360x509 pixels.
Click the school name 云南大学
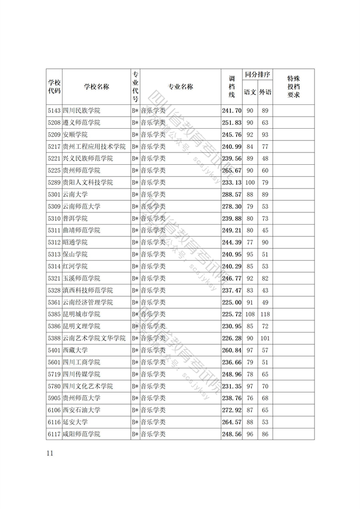(75, 194)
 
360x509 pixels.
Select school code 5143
(54, 111)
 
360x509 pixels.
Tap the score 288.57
(231, 194)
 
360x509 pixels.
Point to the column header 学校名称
(96, 87)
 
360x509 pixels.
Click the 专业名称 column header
(181, 87)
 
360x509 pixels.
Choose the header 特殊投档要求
(293, 87)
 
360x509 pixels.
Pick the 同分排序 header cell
(258, 75)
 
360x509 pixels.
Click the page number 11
(50, 453)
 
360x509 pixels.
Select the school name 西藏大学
(75, 350)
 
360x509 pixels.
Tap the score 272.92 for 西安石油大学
(231, 410)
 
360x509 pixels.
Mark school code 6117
(54, 434)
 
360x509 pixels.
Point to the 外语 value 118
(265, 314)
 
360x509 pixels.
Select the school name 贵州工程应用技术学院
(94, 147)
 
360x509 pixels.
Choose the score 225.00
(231, 302)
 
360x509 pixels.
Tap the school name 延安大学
(75, 422)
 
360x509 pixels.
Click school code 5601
(54, 362)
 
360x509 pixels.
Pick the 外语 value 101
(265, 338)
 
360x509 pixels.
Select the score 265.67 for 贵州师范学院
(231, 171)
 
